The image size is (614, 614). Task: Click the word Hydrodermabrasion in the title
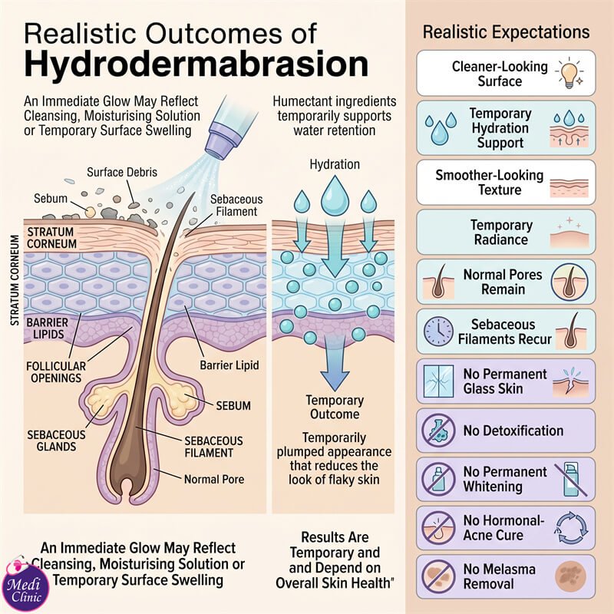click(x=196, y=64)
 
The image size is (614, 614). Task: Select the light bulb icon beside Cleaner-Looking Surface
click(x=569, y=73)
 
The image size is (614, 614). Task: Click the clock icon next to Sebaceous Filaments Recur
click(x=438, y=331)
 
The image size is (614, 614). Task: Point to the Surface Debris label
click(x=122, y=172)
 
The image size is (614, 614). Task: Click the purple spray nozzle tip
click(x=220, y=144)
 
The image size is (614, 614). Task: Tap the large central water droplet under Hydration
click(x=335, y=195)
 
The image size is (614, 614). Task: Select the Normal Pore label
click(x=214, y=479)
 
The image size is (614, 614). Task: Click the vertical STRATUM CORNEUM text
click(x=15, y=280)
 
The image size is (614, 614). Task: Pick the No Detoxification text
click(x=513, y=431)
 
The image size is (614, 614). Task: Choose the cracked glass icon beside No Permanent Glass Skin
click(x=438, y=381)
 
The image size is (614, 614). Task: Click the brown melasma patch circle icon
click(x=570, y=576)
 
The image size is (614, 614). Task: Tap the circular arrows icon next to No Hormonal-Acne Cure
click(x=571, y=527)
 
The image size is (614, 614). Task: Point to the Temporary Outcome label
click(x=335, y=408)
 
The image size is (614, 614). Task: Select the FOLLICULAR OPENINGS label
click(x=56, y=372)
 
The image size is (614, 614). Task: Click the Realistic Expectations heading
click(x=506, y=32)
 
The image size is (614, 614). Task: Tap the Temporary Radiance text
click(x=501, y=233)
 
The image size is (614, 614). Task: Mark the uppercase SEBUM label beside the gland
click(x=233, y=406)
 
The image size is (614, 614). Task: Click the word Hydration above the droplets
click(x=335, y=164)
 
